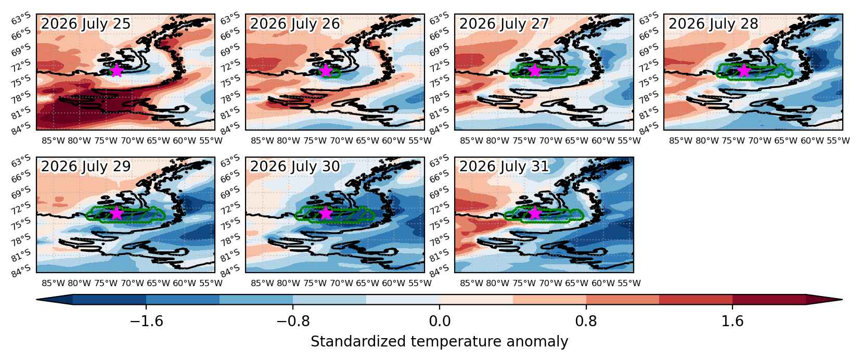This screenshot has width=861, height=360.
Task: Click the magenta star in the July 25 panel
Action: tap(117, 71)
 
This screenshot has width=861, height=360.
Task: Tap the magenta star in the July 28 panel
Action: tap(744, 71)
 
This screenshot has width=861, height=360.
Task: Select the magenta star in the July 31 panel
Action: tap(535, 213)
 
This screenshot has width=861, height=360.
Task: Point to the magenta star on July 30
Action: tap(326, 213)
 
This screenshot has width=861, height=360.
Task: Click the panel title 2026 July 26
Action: tap(295, 24)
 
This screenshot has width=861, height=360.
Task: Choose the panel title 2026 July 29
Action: tap(86, 166)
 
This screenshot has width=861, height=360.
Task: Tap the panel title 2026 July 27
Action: tap(504, 24)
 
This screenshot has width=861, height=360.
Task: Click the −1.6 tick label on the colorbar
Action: tap(146, 321)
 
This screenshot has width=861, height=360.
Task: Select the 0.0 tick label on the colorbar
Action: tap(440, 321)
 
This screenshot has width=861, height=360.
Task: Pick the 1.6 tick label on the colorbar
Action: tap(733, 321)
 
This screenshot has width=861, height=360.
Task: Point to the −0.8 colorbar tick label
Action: tap(293, 321)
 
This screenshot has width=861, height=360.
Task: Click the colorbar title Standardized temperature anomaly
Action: tap(439, 342)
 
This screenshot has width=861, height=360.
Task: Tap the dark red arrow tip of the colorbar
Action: tap(842, 300)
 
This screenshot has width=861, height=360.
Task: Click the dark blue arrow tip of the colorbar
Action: tap(37, 300)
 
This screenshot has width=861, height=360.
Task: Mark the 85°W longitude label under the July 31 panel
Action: tap(471, 283)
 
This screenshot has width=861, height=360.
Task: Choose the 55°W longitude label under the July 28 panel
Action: tap(838, 140)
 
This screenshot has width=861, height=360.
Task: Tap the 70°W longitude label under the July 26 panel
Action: tap(341, 140)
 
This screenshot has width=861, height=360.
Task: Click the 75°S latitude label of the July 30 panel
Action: tap(230, 224)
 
